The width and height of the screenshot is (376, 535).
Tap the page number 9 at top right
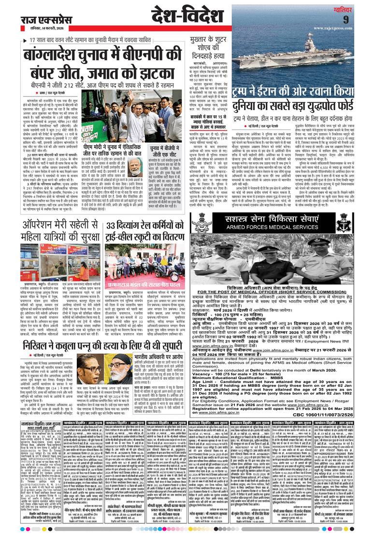(359, 20)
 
